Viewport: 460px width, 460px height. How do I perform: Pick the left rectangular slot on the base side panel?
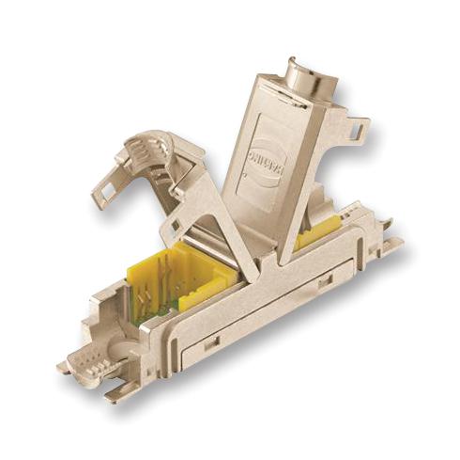[x=212, y=342]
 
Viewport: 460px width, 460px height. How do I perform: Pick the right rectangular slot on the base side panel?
[x=325, y=281]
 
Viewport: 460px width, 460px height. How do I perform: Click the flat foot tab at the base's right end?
[x=390, y=246]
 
